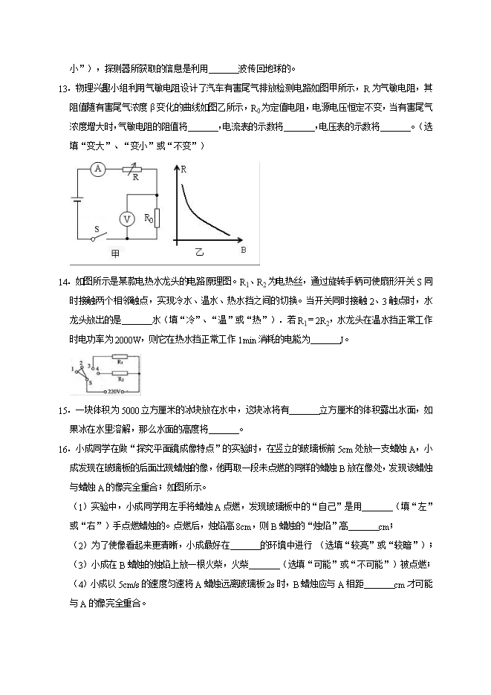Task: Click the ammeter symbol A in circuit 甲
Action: pyautogui.click(x=97, y=170)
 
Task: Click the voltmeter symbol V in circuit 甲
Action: pyautogui.click(x=127, y=219)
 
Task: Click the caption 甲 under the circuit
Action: pyautogui.click(x=115, y=254)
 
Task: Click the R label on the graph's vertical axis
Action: pyautogui.click(x=183, y=169)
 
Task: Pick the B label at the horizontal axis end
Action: pyautogui.click(x=243, y=250)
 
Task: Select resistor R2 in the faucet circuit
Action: pyautogui.click(x=120, y=377)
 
